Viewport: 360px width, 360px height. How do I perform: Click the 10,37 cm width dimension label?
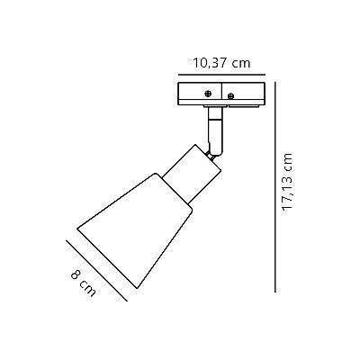(x=220, y=63)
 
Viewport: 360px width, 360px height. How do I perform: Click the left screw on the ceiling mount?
(x=208, y=93)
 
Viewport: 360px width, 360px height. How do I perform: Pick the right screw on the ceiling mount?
(x=230, y=94)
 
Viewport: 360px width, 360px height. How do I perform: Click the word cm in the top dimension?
(x=240, y=63)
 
